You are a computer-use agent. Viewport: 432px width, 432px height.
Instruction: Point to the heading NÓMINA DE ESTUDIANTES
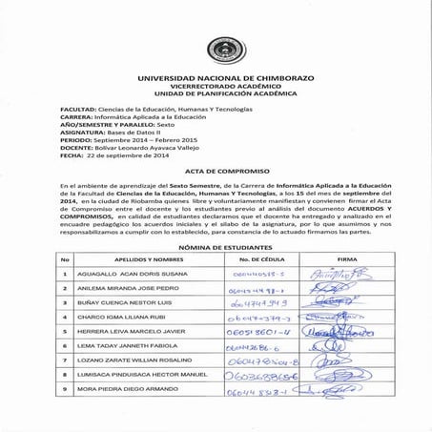pyautogui.click(x=216, y=245)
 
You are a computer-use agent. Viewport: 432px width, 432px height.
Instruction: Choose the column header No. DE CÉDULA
pyautogui.click(x=257, y=258)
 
